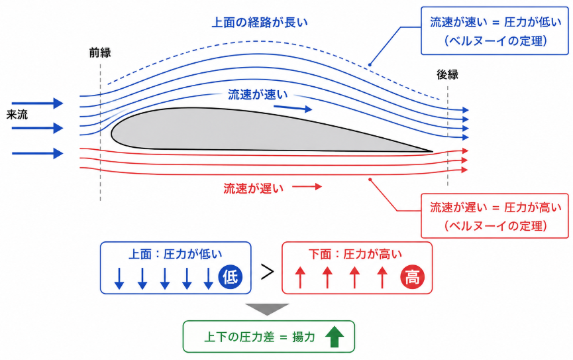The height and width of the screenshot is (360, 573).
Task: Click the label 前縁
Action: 100,52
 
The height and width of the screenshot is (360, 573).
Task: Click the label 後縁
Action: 447,75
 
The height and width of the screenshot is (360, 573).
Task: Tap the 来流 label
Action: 17,115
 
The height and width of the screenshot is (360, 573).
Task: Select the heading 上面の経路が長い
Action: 260,23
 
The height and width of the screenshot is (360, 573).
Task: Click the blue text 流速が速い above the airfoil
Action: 258,95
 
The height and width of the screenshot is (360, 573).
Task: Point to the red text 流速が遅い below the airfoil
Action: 254,188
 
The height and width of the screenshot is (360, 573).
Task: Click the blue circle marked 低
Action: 231,277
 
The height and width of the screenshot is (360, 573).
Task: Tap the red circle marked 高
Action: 412,277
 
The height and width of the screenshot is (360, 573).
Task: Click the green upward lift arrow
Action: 335,337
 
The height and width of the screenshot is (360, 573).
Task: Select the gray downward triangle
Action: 267,308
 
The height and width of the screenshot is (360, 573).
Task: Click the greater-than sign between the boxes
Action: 267,272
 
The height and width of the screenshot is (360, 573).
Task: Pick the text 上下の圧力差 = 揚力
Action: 260,337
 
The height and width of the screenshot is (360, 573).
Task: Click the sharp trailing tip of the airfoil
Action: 433,150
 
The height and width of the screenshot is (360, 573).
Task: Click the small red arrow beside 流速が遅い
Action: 307,187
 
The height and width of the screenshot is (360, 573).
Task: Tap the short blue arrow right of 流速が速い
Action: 293,108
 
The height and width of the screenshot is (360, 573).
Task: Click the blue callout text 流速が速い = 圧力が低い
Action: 495,22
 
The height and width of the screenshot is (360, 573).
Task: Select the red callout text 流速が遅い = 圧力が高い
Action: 495,208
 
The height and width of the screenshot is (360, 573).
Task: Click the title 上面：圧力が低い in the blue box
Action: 176,254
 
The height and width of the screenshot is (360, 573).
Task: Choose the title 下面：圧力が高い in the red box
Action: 356,254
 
